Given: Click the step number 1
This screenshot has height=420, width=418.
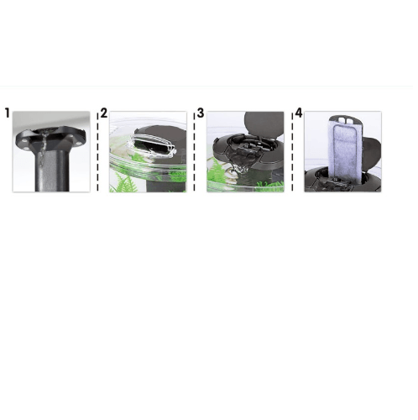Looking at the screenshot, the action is tap(8, 113).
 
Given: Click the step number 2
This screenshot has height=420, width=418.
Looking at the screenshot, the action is tap(104, 113).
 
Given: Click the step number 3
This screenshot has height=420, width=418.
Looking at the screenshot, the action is tap(201, 113).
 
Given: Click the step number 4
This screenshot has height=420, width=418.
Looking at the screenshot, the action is tap(299, 113).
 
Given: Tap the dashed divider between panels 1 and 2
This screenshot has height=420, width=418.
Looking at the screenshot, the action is tap(97, 152).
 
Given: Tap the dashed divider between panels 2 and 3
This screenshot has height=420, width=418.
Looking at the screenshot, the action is tap(194, 152).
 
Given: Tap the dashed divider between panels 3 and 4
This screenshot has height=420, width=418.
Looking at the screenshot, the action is tap(292, 152).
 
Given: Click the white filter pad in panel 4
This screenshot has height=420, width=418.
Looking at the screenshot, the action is tap(345, 150).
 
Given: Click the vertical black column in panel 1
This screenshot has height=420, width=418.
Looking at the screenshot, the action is tap(51, 171).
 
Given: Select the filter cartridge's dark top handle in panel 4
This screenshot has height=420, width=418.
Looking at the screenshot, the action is tap(345, 119).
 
